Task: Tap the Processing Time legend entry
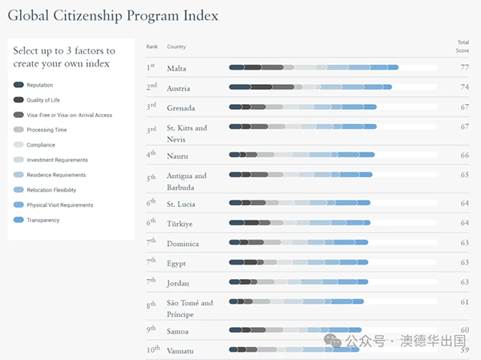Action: pos(46,130)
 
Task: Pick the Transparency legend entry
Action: pos(42,220)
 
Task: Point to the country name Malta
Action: pos(176,69)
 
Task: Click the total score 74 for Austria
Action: pos(464,87)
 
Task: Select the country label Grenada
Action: pos(181,107)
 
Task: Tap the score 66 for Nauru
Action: pos(464,155)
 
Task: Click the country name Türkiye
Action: pos(180,224)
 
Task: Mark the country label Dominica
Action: pos(182,243)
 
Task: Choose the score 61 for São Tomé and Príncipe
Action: pos(464,302)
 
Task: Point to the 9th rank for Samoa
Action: pos(152,330)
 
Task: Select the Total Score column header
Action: pos(463,45)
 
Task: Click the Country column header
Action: pos(176,47)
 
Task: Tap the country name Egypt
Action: pos(176,263)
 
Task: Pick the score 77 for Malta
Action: pos(464,68)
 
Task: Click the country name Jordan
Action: pos(178,282)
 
